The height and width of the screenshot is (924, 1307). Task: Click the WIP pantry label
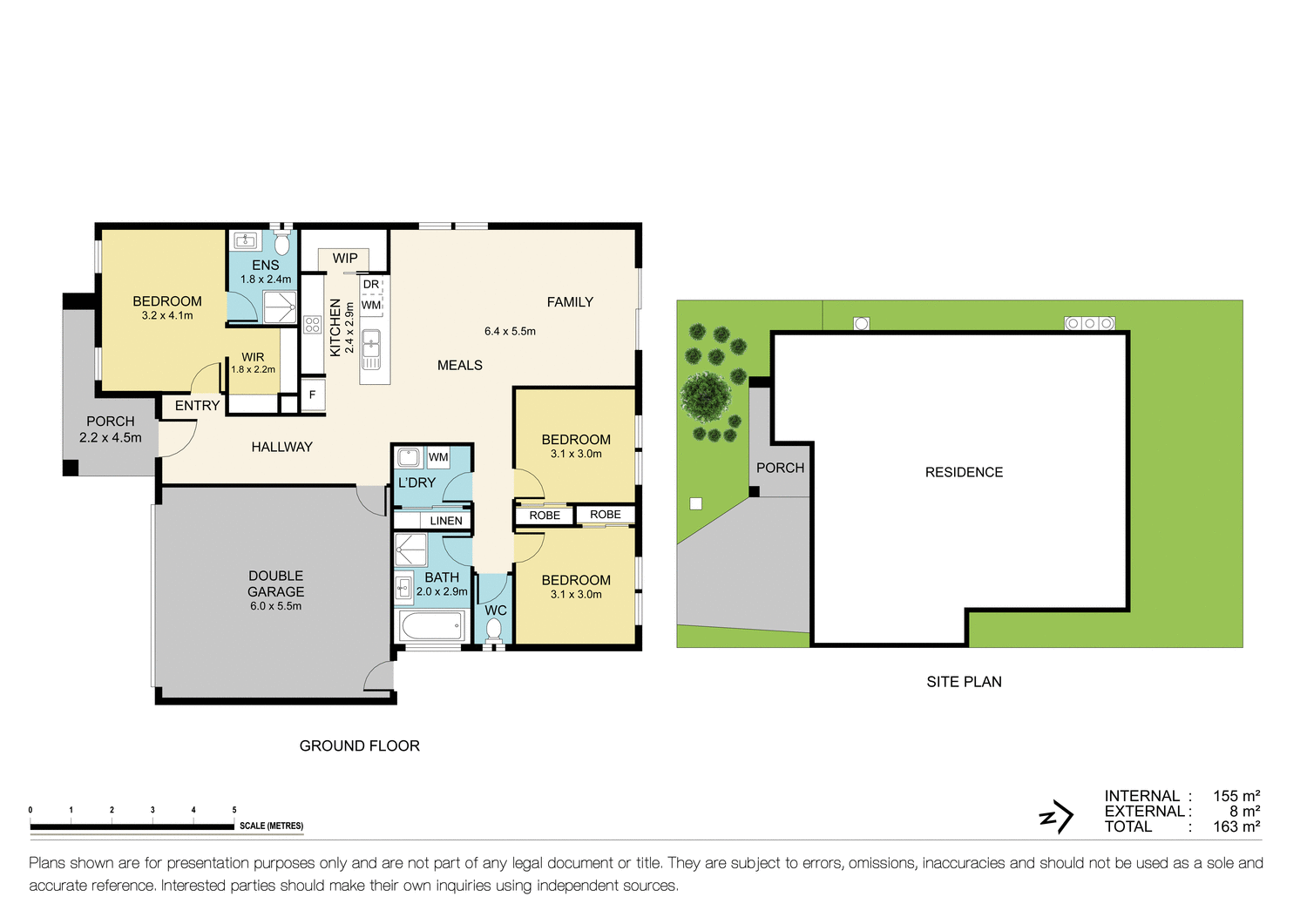click(345, 259)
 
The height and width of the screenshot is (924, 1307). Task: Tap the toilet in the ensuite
click(281, 243)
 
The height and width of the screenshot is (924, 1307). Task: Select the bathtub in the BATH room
click(431, 625)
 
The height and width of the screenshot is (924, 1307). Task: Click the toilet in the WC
click(494, 630)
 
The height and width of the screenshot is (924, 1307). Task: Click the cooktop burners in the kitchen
click(312, 326)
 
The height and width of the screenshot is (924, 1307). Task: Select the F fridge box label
click(312, 395)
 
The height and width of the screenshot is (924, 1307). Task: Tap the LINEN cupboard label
click(446, 521)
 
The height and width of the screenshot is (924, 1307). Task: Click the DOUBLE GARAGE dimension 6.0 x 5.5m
click(275, 606)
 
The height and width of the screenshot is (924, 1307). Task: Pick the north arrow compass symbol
click(1057, 817)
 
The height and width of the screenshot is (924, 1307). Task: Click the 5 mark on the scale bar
click(234, 811)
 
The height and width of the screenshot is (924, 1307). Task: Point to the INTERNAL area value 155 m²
click(1236, 796)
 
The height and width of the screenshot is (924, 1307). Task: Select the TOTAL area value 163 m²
click(1236, 826)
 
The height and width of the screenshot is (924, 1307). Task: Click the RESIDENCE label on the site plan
click(964, 472)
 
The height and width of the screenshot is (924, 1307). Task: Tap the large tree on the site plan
click(705, 397)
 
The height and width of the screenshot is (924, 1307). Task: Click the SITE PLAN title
click(964, 682)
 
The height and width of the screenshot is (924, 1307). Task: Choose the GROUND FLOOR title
click(359, 745)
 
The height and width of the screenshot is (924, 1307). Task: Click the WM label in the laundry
click(438, 457)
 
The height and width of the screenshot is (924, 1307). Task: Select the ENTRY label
click(197, 406)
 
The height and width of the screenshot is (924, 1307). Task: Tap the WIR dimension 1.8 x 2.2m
click(253, 369)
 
